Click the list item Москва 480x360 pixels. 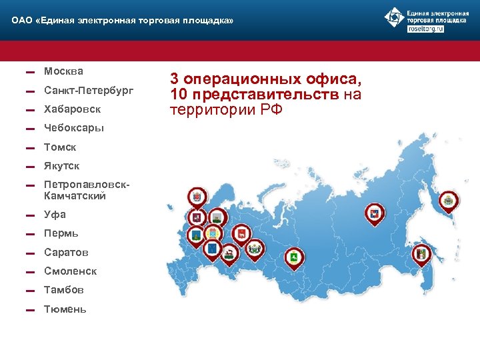coord(63,71)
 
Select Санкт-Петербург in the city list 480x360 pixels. coord(88,89)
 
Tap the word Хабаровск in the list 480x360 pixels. coord(72,109)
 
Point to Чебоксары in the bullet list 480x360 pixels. coord(73,127)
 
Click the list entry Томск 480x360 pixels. coord(60,147)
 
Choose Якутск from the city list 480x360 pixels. coord(61,166)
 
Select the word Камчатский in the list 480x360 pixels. coord(75,196)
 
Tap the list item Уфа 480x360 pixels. coord(55,215)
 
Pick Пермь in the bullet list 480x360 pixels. coord(61,233)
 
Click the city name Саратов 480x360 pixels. coord(65,253)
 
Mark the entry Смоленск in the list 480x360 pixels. coord(70,271)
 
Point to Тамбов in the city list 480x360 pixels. coord(64,290)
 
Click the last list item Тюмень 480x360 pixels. coord(65,309)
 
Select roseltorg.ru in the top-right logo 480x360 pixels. coord(425,30)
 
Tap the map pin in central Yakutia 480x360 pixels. coord(374,214)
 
